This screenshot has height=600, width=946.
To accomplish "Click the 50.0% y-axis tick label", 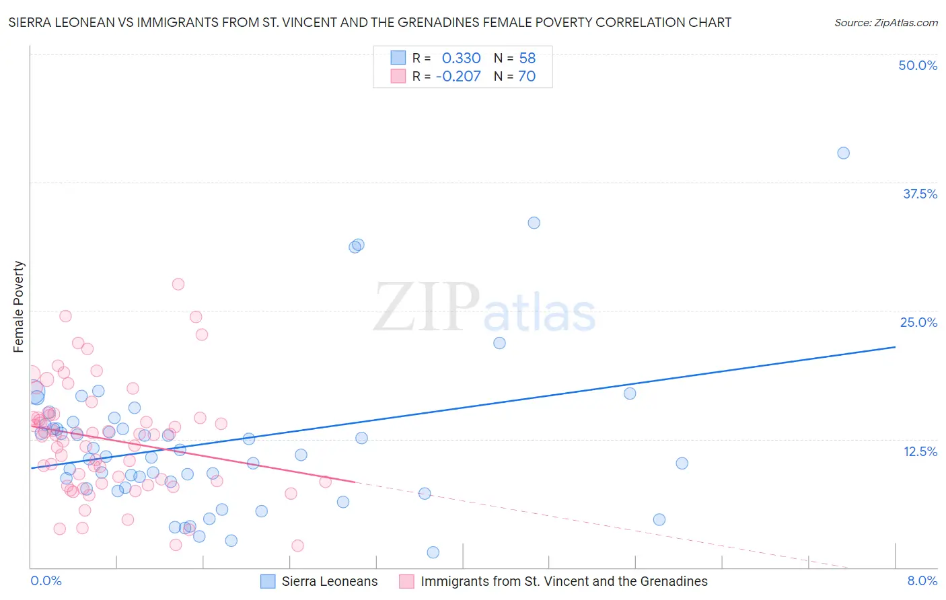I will pyautogui.click(x=918, y=65).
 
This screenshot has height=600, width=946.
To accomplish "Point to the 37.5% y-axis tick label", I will pyautogui.click(x=920, y=194).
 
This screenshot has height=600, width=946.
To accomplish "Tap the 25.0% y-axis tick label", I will pyautogui.click(x=918, y=322).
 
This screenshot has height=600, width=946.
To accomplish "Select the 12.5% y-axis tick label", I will pyautogui.click(x=920, y=451).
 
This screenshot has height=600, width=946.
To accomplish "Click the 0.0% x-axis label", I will pyautogui.click(x=46, y=580).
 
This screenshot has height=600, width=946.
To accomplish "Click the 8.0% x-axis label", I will pyautogui.click(x=922, y=580).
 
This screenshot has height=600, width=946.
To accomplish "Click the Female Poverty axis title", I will pyautogui.click(x=18, y=307).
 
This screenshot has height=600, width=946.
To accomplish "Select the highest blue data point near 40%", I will pyautogui.click(x=843, y=153).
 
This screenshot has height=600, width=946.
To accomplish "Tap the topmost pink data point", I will pyautogui.click(x=178, y=284).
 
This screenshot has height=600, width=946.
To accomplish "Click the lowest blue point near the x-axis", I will pyautogui.click(x=433, y=552).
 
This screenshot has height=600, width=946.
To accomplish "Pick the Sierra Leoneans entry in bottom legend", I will pyautogui.click(x=329, y=581).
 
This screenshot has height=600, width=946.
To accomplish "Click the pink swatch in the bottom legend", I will pyautogui.click(x=406, y=581).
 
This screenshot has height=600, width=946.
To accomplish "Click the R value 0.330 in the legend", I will pyautogui.click(x=461, y=58).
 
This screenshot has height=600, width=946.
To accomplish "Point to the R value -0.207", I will pyautogui.click(x=458, y=76).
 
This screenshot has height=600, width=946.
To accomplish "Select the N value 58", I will pyautogui.click(x=527, y=58).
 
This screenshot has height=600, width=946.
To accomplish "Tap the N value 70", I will pyautogui.click(x=527, y=76).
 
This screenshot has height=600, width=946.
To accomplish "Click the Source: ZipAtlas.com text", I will pyautogui.click(x=885, y=22).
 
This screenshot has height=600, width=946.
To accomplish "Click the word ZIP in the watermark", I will pyautogui.click(x=427, y=307).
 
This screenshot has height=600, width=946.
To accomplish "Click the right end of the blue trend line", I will pyautogui.click(x=895, y=347).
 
